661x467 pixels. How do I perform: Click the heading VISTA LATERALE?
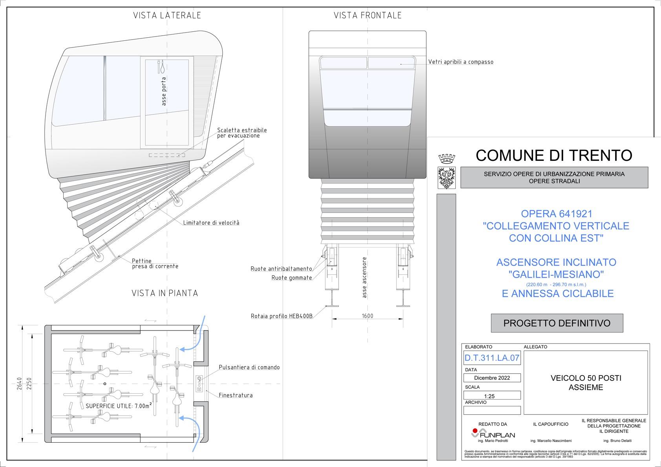tap(167, 15)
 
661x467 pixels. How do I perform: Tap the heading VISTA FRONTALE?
tap(367, 15)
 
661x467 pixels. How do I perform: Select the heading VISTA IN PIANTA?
tap(164, 293)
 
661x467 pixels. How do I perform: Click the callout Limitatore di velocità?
tap(211, 223)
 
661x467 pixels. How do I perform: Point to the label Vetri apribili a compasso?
tap(461, 62)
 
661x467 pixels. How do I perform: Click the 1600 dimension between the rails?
tap(367, 316)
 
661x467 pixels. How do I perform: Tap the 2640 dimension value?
tap(19, 383)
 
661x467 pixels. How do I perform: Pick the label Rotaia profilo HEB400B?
tap(281, 316)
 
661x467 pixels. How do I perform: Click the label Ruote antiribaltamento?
tap(281, 269)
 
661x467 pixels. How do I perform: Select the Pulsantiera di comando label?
tap(249, 367)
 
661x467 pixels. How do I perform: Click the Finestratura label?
tap(236, 395)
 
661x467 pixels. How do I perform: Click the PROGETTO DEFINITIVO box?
tap(557, 323)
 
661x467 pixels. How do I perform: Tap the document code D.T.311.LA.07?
tap(492, 358)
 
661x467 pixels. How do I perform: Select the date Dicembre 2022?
tap(492, 378)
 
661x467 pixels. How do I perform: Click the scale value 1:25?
tap(489, 396)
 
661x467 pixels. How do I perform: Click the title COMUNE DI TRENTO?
tap(553, 155)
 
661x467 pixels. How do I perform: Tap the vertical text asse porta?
tap(164, 91)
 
